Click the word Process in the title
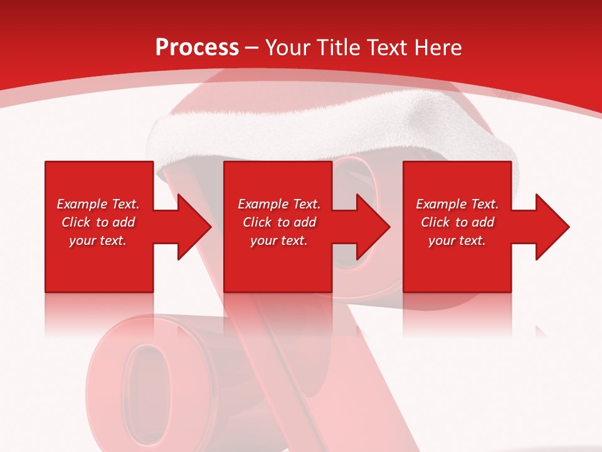click(197, 48)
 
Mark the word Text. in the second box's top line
click(303, 204)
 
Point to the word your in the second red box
click(263, 240)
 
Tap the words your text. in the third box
click(457, 240)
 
